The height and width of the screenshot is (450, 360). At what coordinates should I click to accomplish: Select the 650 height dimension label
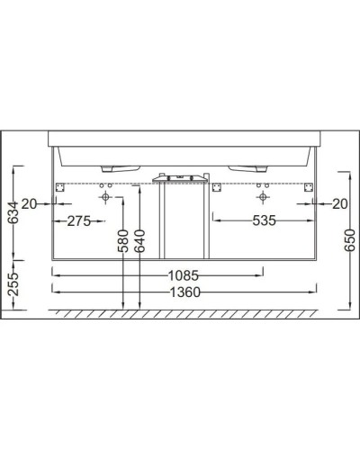pos(350,239)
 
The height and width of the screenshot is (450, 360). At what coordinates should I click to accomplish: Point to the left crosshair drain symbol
pos(105,195)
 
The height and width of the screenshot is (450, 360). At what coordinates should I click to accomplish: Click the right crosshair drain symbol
pos(262,195)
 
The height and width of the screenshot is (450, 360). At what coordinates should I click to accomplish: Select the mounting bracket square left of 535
pos(217,187)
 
